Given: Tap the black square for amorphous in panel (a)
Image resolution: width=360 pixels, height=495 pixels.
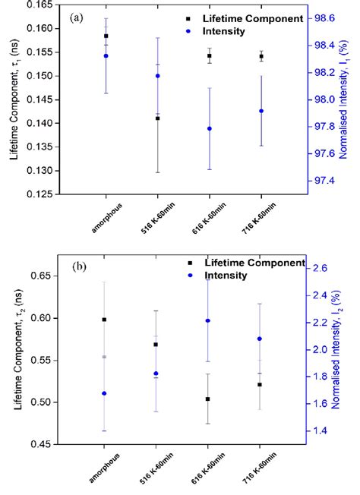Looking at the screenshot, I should point(106,36).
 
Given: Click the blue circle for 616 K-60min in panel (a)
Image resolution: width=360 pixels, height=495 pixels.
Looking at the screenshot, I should point(210,128).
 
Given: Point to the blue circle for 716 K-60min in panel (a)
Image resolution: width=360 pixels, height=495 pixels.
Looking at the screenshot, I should point(261,111).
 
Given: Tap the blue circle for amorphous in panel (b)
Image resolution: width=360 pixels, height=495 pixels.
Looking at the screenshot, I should point(104,393).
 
